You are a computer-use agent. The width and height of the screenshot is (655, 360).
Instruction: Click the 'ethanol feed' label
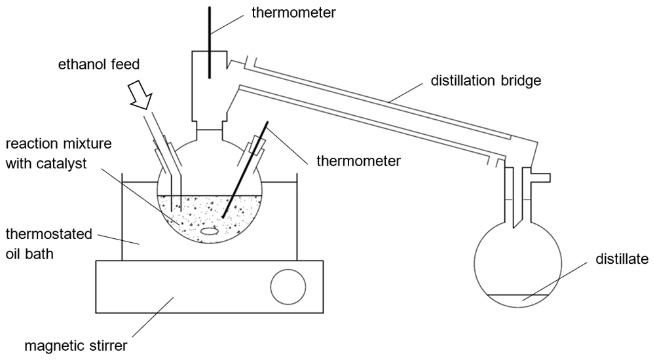(99, 65)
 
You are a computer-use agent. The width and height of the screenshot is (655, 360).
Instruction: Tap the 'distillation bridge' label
(486, 81)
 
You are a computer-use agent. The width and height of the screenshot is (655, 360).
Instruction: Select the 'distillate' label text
(622, 259)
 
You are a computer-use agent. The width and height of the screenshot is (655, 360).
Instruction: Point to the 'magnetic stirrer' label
(75, 346)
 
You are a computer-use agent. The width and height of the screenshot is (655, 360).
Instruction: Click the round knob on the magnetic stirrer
(288, 287)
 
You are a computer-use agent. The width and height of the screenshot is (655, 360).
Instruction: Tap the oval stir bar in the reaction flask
(209, 230)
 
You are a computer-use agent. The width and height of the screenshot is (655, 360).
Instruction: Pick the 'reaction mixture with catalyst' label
(58, 153)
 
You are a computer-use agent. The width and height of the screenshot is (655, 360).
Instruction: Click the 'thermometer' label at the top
(293, 12)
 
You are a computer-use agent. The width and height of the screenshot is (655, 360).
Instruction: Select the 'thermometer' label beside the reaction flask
(358, 161)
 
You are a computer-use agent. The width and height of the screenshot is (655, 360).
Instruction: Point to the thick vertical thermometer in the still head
(210, 42)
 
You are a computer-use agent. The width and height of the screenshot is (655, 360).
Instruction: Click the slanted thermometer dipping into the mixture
(245, 170)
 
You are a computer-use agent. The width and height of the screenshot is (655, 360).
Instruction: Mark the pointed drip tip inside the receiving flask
(515, 226)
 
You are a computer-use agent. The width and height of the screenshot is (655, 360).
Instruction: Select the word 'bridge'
(520, 81)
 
